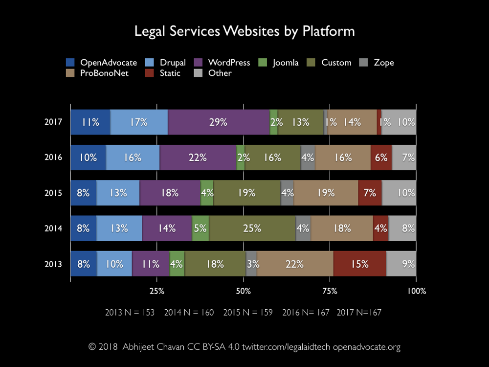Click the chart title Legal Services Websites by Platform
[x=244, y=31]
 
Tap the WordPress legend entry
[x=222, y=63]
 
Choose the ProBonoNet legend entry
[x=97, y=73]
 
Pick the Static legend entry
[x=164, y=73]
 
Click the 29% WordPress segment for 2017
[x=219, y=122]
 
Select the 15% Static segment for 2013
[x=359, y=264]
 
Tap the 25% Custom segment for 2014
[x=252, y=228]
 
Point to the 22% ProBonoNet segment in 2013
[x=295, y=264]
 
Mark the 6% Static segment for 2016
[x=381, y=158]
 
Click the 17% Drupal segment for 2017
[x=139, y=122]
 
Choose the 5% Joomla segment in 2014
[x=200, y=228]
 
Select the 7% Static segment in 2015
[x=370, y=193]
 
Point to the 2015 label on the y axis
[x=54, y=193]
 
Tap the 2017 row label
[x=54, y=122]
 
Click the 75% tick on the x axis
[x=330, y=291]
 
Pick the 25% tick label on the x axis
[x=157, y=291]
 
